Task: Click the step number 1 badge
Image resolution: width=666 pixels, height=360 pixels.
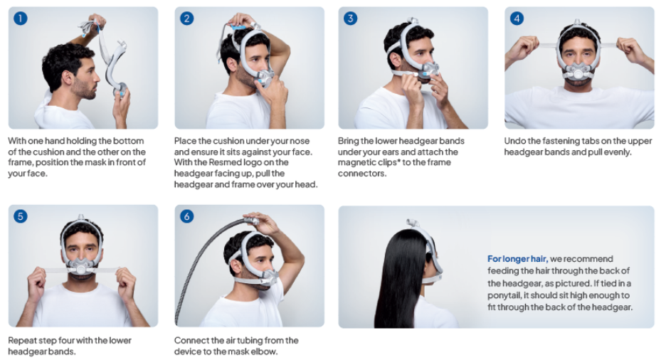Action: (x=21, y=18)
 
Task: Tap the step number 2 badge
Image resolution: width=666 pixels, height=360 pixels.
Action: (x=187, y=18)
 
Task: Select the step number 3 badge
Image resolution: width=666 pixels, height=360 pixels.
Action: (x=350, y=18)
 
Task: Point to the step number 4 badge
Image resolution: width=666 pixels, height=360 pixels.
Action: (x=517, y=18)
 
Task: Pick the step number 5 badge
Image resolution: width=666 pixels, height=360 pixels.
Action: (x=21, y=216)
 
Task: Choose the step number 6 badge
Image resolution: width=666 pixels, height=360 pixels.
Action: (x=187, y=216)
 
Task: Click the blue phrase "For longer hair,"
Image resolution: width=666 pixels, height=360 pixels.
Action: (x=517, y=259)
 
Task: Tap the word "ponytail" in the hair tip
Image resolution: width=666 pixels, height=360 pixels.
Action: (x=504, y=295)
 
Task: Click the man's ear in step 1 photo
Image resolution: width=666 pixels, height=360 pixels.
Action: (x=67, y=78)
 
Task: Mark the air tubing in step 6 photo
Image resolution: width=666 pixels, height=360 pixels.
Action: (x=200, y=263)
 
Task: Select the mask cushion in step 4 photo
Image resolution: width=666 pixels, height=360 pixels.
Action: (x=578, y=71)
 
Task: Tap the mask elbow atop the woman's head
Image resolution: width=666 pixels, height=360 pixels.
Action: (x=411, y=223)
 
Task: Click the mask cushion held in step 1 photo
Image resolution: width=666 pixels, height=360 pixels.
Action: (x=120, y=90)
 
